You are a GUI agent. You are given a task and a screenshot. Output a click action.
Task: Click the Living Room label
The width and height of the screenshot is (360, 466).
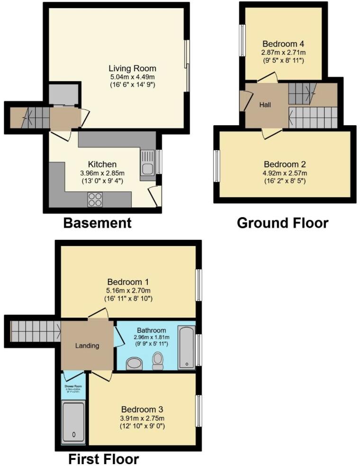pyautogui.click(x=132, y=68)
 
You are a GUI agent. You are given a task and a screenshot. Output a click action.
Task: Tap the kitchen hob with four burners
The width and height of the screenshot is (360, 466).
pyautogui.click(x=95, y=200)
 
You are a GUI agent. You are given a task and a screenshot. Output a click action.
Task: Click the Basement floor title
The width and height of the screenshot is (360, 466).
pyautogui.click(x=97, y=223)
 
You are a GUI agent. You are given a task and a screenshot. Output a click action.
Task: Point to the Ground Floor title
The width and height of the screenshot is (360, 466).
pyautogui.click(x=282, y=223)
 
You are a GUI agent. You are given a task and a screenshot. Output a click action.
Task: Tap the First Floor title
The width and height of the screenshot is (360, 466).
pyautogui.click(x=103, y=459)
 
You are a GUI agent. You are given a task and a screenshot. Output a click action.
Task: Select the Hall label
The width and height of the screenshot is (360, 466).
pyautogui.click(x=265, y=105)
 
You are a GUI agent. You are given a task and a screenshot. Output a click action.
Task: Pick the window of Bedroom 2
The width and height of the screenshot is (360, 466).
pyautogui.click(x=216, y=166)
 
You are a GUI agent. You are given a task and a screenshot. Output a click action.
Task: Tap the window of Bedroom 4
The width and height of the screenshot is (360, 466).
pyautogui.click(x=243, y=40)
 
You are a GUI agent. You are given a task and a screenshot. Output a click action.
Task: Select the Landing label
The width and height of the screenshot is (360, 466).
pyautogui.click(x=87, y=346)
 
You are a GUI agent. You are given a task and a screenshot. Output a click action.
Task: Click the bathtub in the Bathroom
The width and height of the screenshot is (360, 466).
pyautogui.click(x=186, y=347)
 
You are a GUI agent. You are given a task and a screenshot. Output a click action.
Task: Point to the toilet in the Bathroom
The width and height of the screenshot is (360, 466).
pyautogui.click(x=158, y=361)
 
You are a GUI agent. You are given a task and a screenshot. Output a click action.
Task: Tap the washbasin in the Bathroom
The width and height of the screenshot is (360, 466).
pyautogui.click(x=135, y=364)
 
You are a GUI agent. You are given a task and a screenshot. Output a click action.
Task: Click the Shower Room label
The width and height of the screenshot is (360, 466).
pyautogui.click(x=73, y=386)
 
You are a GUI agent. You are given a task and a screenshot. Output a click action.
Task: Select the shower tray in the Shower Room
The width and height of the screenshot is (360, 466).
pyautogui.click(x=73, y=422)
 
